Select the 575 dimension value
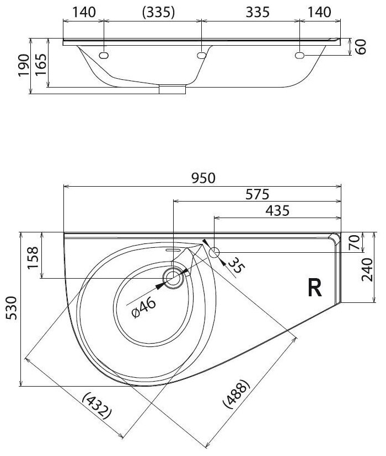click(x=257, y=194)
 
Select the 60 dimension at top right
click(x=361, y=47)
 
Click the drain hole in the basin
click(x=174, y=278)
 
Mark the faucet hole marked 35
click(x=215, y=253)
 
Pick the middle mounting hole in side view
click(x=201, y=55)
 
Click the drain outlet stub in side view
click(x=173, y=90)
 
